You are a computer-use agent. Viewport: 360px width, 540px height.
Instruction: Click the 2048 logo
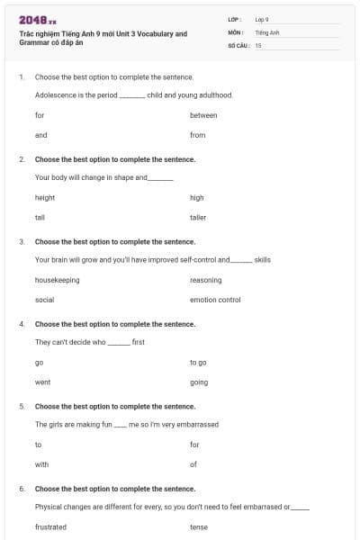tap(38, 19)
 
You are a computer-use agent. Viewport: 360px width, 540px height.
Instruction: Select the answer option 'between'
tap(203, 115)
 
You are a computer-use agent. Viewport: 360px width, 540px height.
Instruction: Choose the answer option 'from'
tap(198, 135)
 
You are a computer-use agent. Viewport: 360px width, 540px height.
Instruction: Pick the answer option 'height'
tap(45, 197)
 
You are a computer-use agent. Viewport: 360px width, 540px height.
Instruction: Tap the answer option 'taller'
tap(198, 217)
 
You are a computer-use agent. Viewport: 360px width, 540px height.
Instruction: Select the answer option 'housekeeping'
tap(57, 280)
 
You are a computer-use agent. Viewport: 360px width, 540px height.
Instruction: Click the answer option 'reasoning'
tap(206, 280)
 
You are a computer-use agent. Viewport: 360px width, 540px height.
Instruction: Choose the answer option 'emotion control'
tap(215, 300)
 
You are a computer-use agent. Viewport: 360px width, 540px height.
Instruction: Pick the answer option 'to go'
tap(198, 362)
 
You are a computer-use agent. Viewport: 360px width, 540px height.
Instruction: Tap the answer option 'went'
tap(42, 382)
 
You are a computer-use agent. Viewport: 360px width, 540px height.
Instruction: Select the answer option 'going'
tap(199, 382)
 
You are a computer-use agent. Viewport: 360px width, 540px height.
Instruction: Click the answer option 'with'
tap(41, 464)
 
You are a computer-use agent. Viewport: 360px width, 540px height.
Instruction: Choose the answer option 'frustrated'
tap(50, 526)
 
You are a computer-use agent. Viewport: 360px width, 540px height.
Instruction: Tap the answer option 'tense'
tap(198, 526)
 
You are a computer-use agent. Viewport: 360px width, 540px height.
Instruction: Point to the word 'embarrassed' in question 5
tap(200, 424)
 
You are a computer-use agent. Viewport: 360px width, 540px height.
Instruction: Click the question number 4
tap(22, 324)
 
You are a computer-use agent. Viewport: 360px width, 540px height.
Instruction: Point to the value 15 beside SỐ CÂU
tap(258, 44)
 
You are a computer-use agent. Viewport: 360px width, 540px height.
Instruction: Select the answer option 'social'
tap(44, 300)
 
